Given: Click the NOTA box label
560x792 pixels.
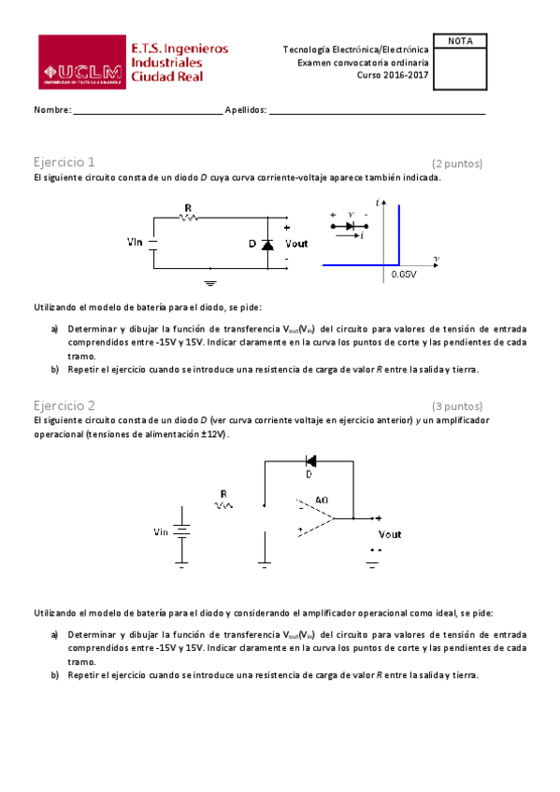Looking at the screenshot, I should pos(461,42).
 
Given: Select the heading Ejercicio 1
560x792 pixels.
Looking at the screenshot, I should pos(64,162).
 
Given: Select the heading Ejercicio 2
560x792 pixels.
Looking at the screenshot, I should pos(64,405).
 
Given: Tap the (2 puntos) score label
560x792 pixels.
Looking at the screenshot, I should pos(457,163).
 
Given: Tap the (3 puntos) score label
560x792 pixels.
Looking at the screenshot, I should pos(457,406).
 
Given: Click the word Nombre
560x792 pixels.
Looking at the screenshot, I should pos(51,110).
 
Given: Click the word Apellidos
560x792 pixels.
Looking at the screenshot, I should pos(245,110).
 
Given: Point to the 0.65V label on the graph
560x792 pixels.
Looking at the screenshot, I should pos(403,274).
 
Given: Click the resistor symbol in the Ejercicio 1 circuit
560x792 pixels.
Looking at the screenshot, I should pos(189,218).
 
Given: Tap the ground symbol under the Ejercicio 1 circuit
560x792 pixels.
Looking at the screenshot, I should pos(210,279).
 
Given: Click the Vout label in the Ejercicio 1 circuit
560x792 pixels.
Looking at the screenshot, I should pos(296,244).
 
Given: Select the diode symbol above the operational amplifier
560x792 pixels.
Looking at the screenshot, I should pos(309,460).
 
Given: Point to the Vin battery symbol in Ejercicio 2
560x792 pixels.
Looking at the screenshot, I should pos(183,532).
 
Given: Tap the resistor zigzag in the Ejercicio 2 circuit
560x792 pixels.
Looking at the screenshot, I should pos(223,505).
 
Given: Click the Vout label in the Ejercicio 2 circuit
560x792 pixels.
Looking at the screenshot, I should pos(389,534).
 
